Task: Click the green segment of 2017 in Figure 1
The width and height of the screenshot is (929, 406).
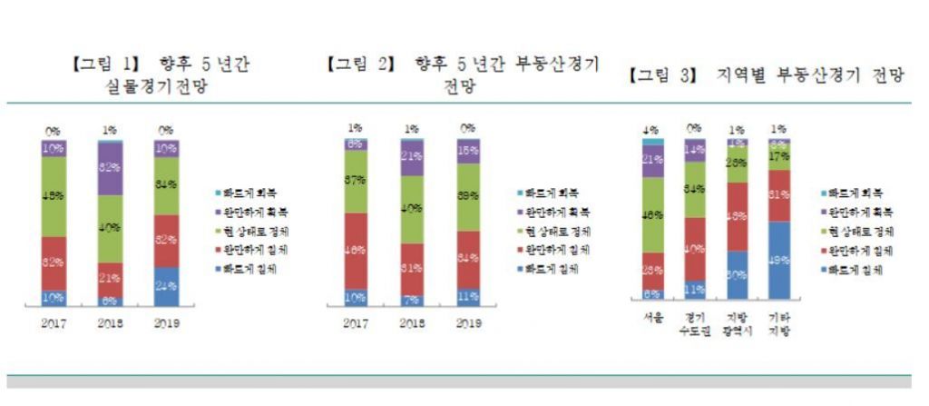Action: tap(54, 196)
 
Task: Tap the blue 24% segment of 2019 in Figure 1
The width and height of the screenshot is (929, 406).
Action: tap(166, 286)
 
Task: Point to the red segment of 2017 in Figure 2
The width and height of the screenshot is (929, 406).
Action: tap(355, 251)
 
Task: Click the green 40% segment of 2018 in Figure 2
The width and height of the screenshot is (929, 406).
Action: tap(413, 210)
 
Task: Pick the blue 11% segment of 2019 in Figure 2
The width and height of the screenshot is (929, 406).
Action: tap(468, 297)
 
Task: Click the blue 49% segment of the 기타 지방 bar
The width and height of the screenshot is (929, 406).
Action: tap(778, 261)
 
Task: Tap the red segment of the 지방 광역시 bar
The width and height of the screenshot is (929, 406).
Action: tap(738, 216)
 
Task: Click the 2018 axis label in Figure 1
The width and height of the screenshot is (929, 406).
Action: tap(111, 322)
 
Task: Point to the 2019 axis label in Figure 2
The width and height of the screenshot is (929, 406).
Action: tap(468, 322)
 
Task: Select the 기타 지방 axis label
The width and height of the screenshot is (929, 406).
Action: tap(778, 323)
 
